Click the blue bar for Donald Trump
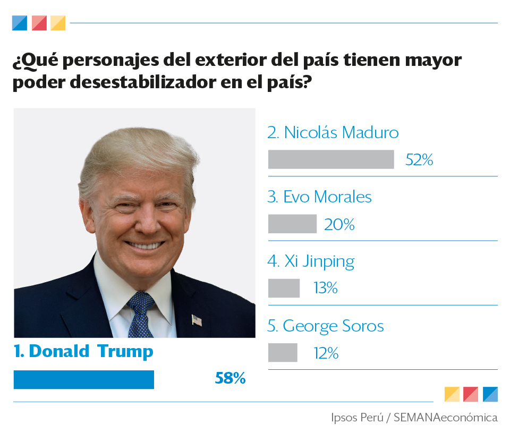coord(83,379)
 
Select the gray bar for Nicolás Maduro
coord(331,159)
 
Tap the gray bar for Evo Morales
coord(292,224)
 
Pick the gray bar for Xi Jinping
coord(284,288)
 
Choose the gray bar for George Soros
coord(283,353)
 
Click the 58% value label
coord(230,378)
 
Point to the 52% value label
coord(419,159)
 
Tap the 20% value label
coord(339,224)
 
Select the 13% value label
coord(326,289)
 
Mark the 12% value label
coord(326,353)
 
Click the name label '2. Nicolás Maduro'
coord(333,132)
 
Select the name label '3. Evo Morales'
coord(319,197)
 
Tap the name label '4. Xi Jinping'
coord(311,261)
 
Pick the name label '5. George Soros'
coord(326,326)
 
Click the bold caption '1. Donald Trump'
coord(83,351)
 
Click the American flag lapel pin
coord(197,320)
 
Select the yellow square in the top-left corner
coord(58,23)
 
